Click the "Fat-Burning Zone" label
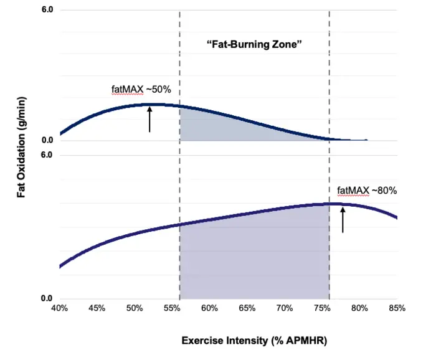254,45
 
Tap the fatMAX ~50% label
141,89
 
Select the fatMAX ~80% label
367,191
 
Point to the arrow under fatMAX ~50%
149,119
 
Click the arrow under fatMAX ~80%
343,220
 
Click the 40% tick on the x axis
59,308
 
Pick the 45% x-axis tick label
97,308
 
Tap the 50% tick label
135,308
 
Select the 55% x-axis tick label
172,308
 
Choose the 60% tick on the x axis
209,308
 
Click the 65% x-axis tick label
247,308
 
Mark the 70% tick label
285,308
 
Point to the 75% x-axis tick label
322,308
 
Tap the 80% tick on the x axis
359,308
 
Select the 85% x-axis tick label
397,308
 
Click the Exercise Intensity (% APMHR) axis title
254,341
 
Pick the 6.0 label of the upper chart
47,11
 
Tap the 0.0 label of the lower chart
47,298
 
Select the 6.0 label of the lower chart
47,154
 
